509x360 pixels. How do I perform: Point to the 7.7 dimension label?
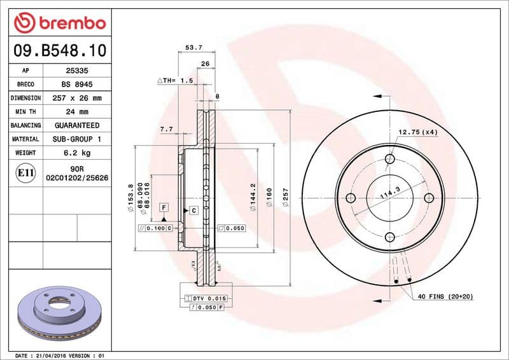(166, 129)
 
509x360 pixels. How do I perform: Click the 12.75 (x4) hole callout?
(418, 132)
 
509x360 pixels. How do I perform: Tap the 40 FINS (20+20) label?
(445, 297)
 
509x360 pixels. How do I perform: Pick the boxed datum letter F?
(164, 208)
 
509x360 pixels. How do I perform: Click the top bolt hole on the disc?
(389, 159)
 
